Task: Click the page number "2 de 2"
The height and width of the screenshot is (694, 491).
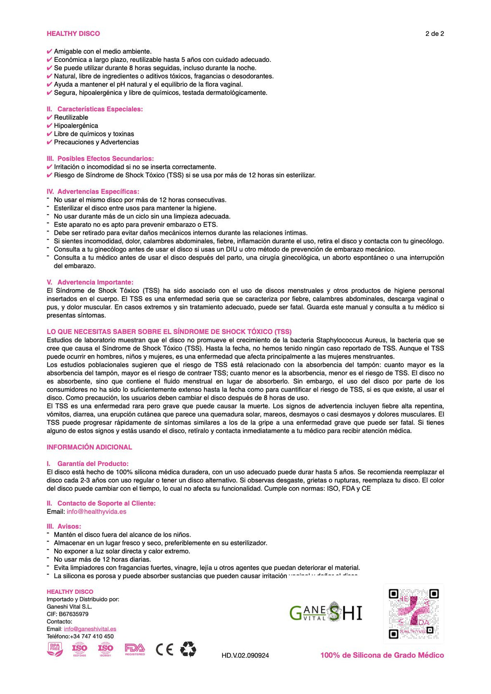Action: (x=434, y=34)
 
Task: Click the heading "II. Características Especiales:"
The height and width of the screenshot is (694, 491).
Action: (x=95, y=109)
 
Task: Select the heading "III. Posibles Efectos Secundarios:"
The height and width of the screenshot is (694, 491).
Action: (x=100, y=159)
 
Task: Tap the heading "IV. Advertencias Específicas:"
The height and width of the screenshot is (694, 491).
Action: (x=93, y=192)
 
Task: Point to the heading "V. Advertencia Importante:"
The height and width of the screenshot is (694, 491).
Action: (x=90, y=282)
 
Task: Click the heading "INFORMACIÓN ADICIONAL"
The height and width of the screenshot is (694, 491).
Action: (x=89, y=447)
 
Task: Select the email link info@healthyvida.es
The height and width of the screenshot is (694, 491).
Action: (x=96, y=511)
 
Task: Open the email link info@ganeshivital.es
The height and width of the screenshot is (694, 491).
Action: (x=90, y=629)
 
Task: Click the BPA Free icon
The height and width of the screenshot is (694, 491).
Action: (x=55, y=649)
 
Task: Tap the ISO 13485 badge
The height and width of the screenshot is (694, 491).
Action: (x=80, y=649)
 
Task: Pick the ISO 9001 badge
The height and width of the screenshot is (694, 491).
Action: (x=105, y=649)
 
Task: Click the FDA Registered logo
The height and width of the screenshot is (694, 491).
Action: (x=135, y=649)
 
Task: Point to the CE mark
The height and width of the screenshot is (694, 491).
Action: (x=164, y=649)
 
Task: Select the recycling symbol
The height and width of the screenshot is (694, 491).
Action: (x=188, y=649)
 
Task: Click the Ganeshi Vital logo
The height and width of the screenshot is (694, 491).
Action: (x=326, y=613)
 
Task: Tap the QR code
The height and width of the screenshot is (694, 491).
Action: (x=414, y=613)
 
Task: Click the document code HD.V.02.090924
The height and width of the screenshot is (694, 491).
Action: (x=245, y=655)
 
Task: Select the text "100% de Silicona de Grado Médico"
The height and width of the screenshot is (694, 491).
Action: (x=382, y=655)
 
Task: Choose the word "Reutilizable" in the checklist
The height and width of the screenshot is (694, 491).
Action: (x=71, y=117)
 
